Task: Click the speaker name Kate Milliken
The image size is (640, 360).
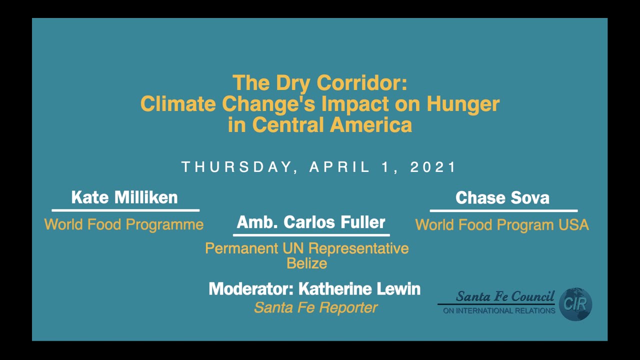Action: (x=124, y=197)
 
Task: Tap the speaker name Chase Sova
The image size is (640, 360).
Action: (x=502, y=198)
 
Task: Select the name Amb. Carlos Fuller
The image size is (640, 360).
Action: (x=311, y=222)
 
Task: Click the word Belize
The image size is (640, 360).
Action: (x=306, y=263)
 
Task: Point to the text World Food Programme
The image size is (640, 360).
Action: (x=124, y=224)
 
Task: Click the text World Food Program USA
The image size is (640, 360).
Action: (x=502, y=225)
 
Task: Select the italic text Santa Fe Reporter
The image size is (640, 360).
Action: (x=315, y=307)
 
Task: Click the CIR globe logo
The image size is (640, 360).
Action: (x=575, y=303)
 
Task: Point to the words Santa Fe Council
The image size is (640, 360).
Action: (x=505, y=296)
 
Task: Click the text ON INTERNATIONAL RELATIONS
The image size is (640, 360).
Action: (x=499, y=311)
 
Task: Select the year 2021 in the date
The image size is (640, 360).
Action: (x=433, y=167)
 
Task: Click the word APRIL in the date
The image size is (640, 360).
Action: (x=340, y=167)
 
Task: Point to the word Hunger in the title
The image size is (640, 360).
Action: (x=462, y=104)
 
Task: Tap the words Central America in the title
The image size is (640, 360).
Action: (x=332, y=124)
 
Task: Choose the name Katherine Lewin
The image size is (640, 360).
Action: (x=359, y=289)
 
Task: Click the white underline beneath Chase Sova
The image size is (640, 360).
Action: (x=503, y=210)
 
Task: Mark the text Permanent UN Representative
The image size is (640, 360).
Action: (x=306, y=248)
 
